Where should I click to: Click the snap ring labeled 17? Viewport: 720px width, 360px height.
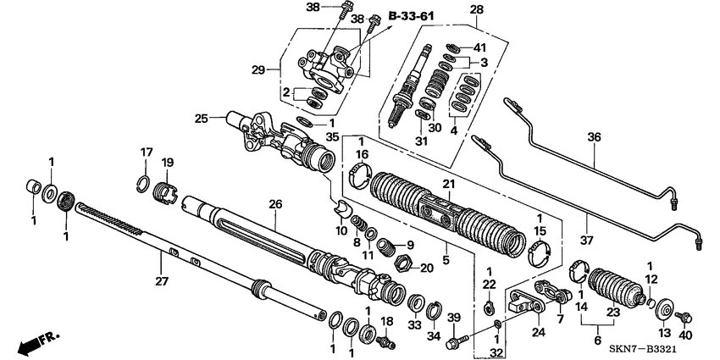(x=145, y=178)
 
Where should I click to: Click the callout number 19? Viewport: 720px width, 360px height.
(x=167, y=162)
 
